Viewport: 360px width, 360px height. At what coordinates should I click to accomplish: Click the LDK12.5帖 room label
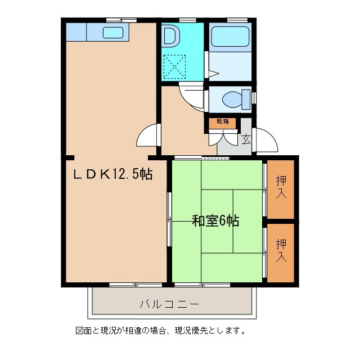pos(112,174)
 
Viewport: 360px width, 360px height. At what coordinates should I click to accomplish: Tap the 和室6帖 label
pos(215,221)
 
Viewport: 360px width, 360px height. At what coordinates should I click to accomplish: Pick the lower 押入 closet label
pos(281,251)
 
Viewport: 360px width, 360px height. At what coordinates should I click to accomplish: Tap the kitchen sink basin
pos(112,32)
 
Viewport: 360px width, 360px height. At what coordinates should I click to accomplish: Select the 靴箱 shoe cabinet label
pos(222,121)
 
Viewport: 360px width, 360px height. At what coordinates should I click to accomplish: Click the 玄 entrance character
pos(246,139)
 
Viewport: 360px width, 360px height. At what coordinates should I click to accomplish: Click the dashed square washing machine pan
pos(174,66)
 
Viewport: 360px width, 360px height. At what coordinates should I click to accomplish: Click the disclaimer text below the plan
pos(160,331)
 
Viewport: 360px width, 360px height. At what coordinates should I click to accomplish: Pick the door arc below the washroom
pos(191,94)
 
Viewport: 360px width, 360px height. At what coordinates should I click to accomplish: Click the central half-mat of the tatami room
pos(217,220)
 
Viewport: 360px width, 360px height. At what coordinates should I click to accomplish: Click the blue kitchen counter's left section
pos(76,32)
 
